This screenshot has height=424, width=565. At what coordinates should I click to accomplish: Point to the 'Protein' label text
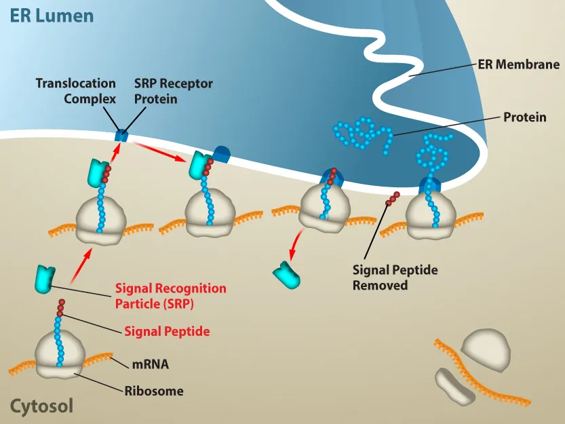524,117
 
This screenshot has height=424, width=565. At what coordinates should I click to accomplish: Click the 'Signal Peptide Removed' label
395,277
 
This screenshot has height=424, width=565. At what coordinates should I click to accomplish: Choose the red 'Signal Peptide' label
167,332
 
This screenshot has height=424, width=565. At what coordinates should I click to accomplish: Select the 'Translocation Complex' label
76,91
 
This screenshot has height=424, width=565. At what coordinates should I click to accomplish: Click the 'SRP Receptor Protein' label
173,91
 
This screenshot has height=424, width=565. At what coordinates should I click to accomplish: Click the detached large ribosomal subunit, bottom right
486,350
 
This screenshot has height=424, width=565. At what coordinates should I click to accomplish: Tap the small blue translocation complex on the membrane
121,135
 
